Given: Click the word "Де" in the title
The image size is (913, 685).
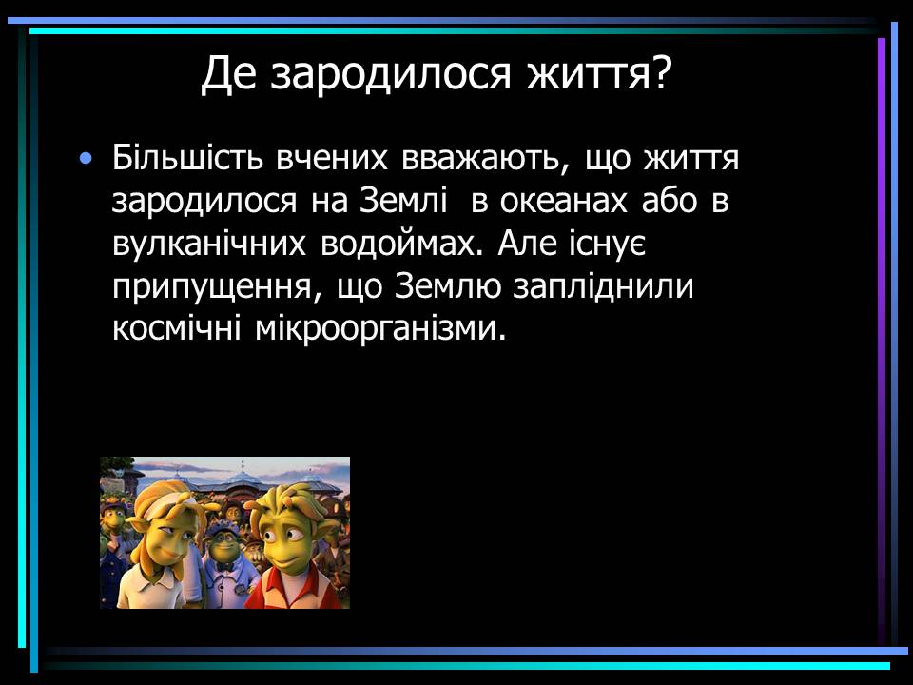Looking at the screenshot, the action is (x=229, y=74).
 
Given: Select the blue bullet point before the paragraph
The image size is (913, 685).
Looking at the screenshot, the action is (x=86, y=158).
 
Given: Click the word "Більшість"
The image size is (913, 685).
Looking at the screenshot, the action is (x=187, y=157).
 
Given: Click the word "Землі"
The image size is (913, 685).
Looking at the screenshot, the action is (x=404, y=200).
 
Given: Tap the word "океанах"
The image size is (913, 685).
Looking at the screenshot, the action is (x=564, y=201).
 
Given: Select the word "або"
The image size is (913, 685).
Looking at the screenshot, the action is (x=669, y=200).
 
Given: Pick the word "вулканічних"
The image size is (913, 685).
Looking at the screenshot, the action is (x=208, y=245).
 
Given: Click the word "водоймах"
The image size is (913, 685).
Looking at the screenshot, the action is (x=402, y=243).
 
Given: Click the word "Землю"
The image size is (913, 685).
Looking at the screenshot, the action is (x=448, y=286).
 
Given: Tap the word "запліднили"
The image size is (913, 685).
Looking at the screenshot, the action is (x=603, y=286).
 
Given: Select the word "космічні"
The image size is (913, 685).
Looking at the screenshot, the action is (x=177, y=328).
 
